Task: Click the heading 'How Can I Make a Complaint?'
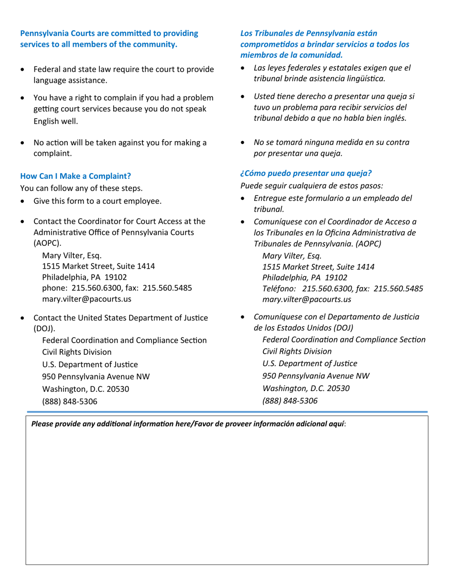75,175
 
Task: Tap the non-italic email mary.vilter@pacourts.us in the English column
87,299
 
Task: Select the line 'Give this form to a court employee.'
97,201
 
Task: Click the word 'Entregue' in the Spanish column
270,198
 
